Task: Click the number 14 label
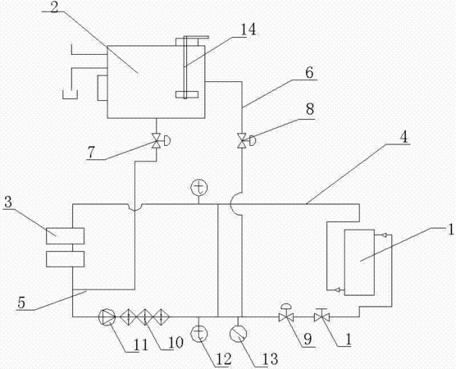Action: click(248, 29)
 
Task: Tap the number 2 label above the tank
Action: click(54, 7)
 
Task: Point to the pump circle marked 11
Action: click(107, 317)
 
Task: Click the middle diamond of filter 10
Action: click(145, 317)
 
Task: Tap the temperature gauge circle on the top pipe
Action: click(199, 187)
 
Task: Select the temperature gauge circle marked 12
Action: click(199, 334)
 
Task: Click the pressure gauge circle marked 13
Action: click(238, 334)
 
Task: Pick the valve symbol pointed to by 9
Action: click(286, 314)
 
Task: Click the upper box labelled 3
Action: click(65, 236)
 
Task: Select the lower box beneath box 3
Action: click(65, 259)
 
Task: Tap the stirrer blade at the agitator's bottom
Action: click(187, 94)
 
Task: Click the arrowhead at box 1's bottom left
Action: click(339, 289)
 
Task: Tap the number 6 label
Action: click(309, 73)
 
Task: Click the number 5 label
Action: click(21, 303)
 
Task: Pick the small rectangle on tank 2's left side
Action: click(103, 88)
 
